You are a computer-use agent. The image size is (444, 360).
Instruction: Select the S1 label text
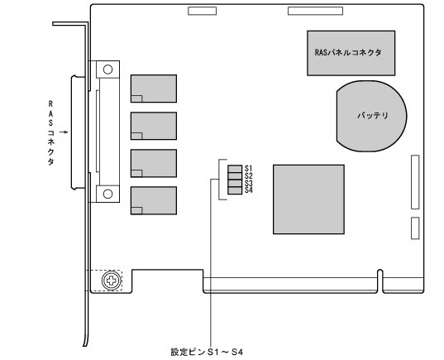(x=249, y=169)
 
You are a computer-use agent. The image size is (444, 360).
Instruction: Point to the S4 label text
(x=249, y=190)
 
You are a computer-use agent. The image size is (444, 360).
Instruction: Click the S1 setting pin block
(x=235, y=169)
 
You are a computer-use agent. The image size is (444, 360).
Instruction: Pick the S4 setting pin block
(x=235, y=190)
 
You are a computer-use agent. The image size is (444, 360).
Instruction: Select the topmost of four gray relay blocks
(x=153, y=89)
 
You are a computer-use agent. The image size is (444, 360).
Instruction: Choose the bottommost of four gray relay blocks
(x=153, y=200)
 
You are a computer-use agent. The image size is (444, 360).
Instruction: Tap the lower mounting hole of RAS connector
(x=106, y=194)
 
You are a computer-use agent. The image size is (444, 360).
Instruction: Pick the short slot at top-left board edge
(x=200, y=12)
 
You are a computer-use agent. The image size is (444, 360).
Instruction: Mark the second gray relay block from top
(x=153, y=126)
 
